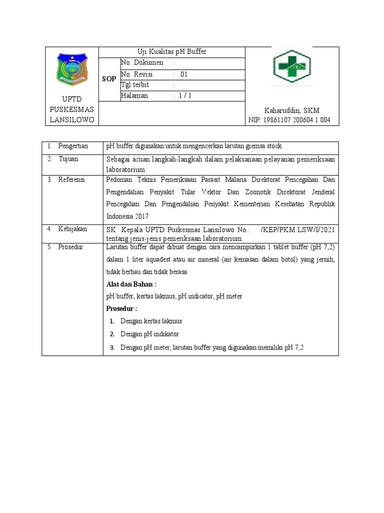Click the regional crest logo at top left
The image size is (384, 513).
pos(72,69)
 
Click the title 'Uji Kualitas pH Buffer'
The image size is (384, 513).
pos(172,52)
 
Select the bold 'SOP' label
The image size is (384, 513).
pos(109,79)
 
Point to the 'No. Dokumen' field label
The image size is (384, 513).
pos(142,63)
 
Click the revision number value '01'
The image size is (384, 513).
pos(184,74)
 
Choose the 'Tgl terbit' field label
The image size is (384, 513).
pos(135,85)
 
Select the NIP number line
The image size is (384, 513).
pos(289,120)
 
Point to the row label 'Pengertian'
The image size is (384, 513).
pos(73,146)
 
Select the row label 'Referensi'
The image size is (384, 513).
pos(72,179)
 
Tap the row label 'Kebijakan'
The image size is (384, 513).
pos(73,228)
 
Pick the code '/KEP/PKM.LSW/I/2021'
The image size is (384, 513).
pos(298,229)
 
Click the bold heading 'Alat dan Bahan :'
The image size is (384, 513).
pos(128,284)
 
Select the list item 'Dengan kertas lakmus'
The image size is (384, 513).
pos(151,321)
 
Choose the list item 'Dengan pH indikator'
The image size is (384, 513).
pos(149,334)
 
